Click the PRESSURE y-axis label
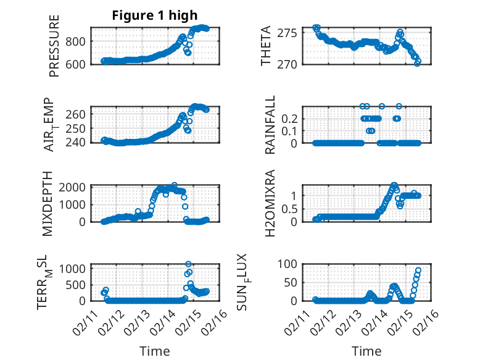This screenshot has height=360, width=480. pyautogui.click(x=55, y=49)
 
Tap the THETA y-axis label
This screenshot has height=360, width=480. pyautogui.click(x=266, y=46)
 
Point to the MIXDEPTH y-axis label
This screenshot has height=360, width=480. pyautogui.click(x=48, y=203)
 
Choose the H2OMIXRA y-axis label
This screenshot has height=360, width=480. pyautogui.click(x=270, y=203)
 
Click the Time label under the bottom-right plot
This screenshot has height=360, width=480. pyautogui.click(x=366, y=351)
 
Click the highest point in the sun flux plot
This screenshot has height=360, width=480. pyautogui.click(x=418, y=270)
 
